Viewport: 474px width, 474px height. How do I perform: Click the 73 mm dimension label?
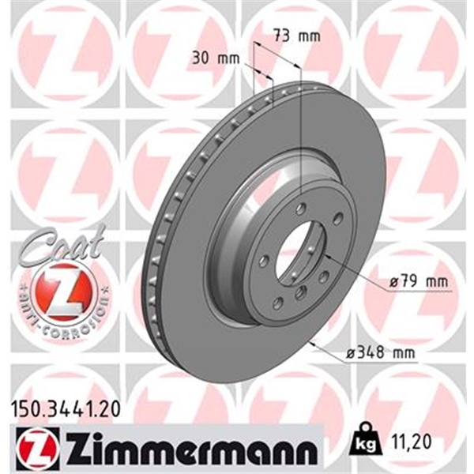(286, 36)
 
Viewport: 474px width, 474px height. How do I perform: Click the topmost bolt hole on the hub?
(301, 209)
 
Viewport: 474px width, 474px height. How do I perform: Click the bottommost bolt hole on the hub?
(300, 295)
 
